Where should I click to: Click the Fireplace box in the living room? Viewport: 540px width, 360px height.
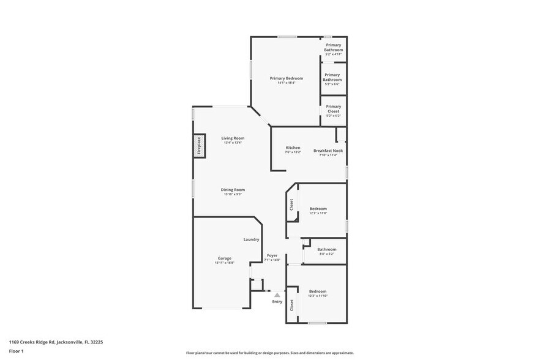tap(199, 145)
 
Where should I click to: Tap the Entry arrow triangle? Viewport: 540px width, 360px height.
tap(277, 295)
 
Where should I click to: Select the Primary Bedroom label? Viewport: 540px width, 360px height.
tap(287, 78)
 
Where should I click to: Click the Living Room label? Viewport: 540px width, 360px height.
tap(233, 138)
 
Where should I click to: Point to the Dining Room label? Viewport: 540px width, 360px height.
tap(233, 190)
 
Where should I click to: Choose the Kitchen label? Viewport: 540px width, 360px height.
tap(293, 148)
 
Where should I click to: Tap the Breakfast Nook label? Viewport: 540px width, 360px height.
tap(328, 151)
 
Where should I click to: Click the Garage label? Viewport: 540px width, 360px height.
tap(225, 258)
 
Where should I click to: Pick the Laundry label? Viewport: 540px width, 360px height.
tap(251, 239)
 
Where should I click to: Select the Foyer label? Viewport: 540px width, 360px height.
tap(272, 255)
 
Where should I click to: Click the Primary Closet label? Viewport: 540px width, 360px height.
tap(333, 109)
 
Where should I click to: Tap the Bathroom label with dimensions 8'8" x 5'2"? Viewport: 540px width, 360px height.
tap(326, 249)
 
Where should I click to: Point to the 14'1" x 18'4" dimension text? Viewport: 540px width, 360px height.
tap(287, 83)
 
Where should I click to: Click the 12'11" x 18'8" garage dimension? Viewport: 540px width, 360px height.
tap(225, 263)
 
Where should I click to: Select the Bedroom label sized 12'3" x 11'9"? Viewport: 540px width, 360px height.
tap(318, 209)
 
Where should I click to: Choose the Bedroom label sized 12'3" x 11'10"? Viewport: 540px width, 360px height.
tap(317, 291)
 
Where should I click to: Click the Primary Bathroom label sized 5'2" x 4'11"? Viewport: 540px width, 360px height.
tap(334, 47)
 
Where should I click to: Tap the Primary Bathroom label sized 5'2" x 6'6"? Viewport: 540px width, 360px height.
tap(332, 77)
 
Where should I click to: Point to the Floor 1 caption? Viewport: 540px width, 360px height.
tap(17, 351)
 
